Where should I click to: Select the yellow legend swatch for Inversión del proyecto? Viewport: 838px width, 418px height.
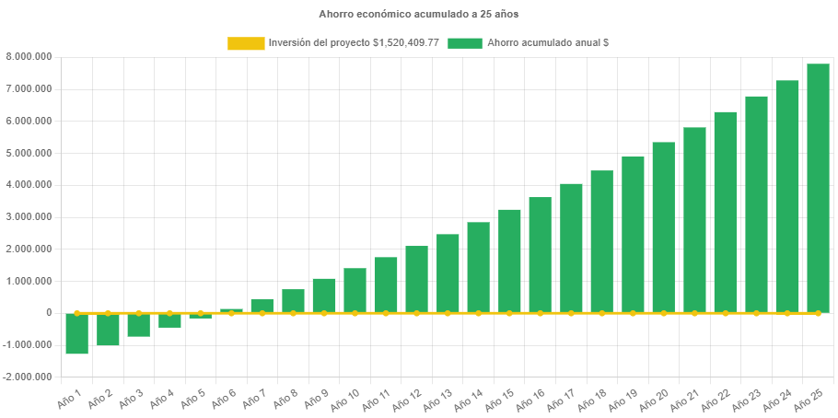(x=245, y=43)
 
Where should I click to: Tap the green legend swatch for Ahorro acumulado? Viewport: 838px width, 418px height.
(x=465, y=43)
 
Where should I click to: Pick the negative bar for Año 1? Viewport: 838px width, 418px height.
(x=76, y=333)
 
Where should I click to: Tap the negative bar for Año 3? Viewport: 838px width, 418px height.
(x=138, y=325)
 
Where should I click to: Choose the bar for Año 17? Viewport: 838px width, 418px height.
(x=571, y=248)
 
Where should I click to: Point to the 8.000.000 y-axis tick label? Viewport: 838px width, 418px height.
(x=29, y=57)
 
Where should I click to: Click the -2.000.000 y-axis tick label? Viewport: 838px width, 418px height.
(x=28, y=377)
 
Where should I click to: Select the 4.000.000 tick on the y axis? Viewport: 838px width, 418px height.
(x=29, y=185)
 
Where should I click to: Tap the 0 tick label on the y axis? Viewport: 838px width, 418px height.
(x=48, y=313)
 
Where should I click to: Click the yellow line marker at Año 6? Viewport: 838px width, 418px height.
(x=231, y=313)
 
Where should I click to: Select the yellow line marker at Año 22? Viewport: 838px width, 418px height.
(x=725, y=313)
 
